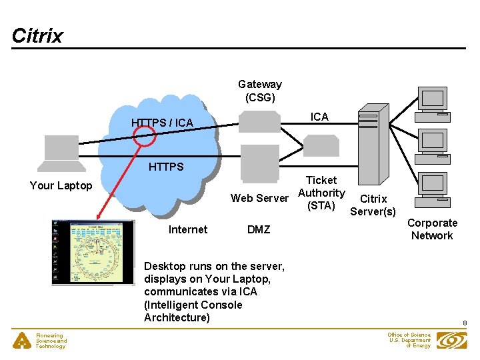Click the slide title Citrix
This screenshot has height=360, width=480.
point(37,35)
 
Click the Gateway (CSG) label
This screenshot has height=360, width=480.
point(259,91)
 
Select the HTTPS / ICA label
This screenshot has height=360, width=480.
point(162,123)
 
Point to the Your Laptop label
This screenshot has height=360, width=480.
point(61,185)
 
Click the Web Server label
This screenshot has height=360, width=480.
point(259,198)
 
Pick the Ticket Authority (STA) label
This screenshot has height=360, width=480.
point(321,193)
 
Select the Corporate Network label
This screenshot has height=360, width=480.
point(432,229)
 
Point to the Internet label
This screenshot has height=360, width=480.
point(188,229)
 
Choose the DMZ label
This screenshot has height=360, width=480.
point(259,229)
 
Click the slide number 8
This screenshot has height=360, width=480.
point(465,323)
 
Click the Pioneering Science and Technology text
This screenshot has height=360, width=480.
point(51,341)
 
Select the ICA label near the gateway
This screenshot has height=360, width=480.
point(319,117)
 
